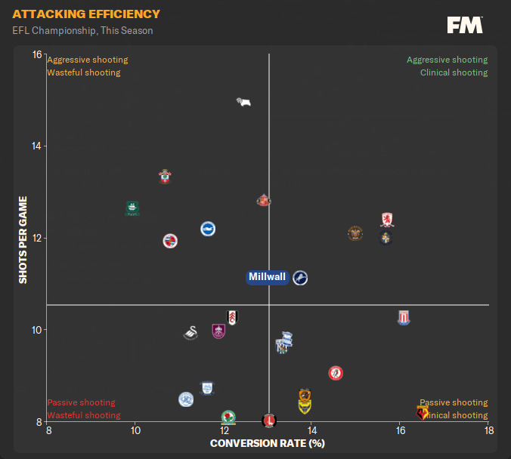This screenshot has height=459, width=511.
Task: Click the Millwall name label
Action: (268, 277)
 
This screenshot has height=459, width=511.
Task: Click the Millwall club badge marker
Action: (300, 278)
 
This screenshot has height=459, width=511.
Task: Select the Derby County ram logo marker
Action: (243, 102)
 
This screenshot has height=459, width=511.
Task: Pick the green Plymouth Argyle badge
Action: (132, 208)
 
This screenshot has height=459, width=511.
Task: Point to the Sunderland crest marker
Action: (263, 201)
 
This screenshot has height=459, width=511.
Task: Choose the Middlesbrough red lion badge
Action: (388, 220)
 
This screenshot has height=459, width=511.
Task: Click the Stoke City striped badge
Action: (404, 318)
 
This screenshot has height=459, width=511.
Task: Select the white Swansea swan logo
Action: (190, 332)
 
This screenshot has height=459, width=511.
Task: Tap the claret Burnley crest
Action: (218, 330)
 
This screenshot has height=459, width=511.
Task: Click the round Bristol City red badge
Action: (336, 373)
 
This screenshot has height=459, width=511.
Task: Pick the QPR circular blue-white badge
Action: (186, 399)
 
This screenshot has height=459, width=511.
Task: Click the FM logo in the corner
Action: (465, 26)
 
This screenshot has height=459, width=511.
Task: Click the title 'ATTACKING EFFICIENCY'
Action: (86, 14)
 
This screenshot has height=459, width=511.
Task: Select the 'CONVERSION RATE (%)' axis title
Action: (267, 443)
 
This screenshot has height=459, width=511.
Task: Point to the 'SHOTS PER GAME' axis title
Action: (23, 240)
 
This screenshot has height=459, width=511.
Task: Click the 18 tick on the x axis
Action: (489, 430)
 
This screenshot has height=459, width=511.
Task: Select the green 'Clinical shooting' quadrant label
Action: (454, 72)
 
